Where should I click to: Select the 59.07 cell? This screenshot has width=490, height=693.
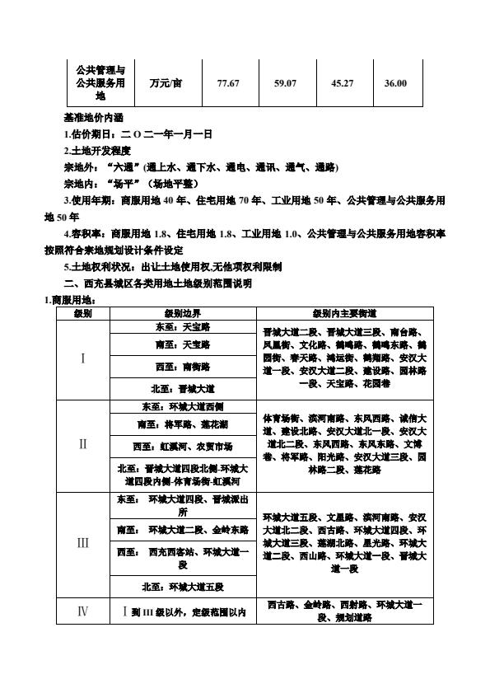[285, 83]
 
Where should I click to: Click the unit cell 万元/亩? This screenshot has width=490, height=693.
[166, 83]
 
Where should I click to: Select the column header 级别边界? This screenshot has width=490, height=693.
[183, 314]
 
